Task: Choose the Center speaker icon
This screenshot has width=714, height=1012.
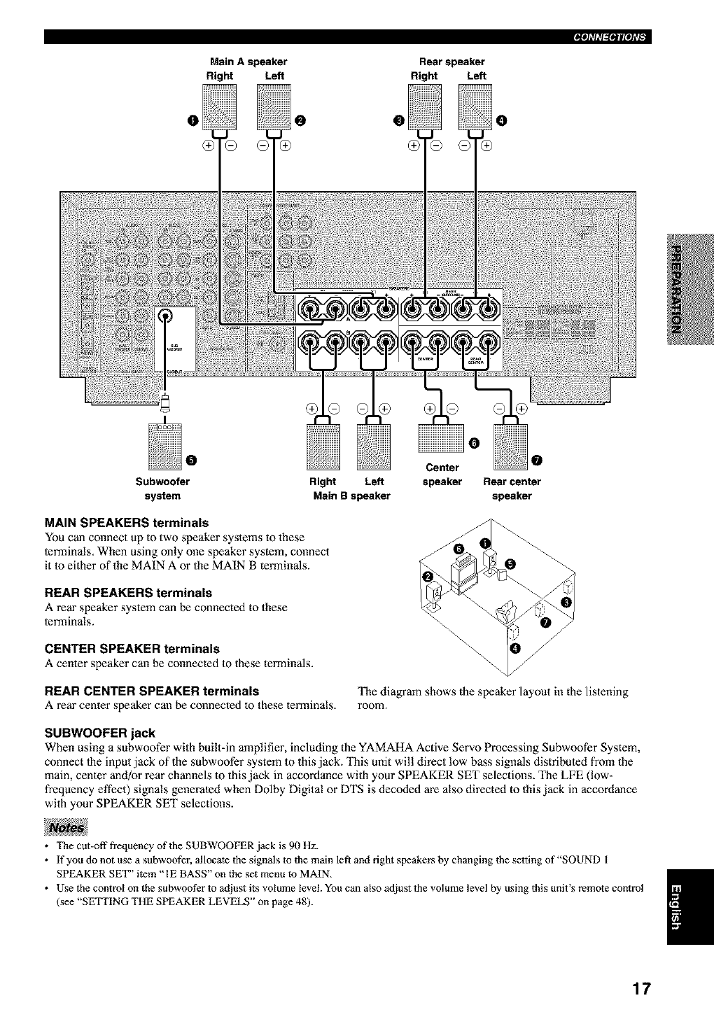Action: pyautogui.click(x=440, y=442)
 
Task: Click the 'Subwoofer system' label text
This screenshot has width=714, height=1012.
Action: pyautogui.click(x=162, y=489)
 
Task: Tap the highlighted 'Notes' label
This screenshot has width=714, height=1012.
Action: pyautogui.click(x=65, y=827)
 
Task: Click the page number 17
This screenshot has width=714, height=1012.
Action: pyautogui.click(x=640, y=988)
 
